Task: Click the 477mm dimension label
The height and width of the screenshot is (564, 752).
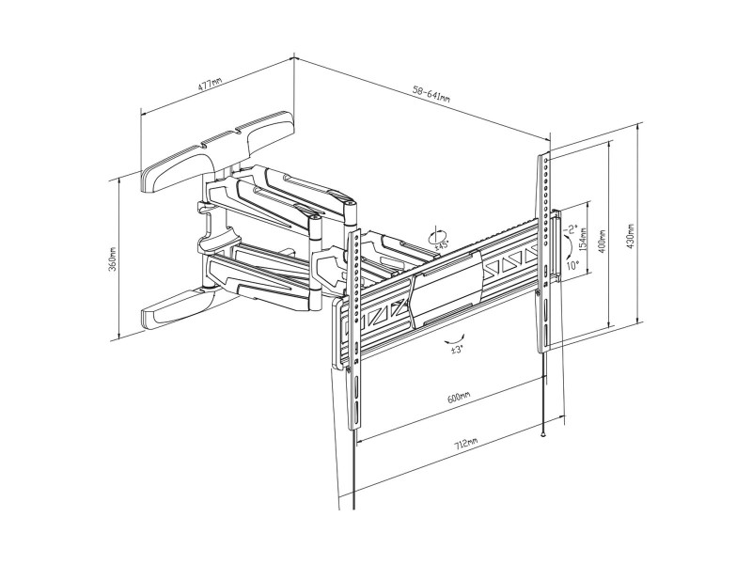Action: click(x=210, y=86)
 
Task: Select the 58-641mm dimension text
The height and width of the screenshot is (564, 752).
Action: click(x=431, y=92)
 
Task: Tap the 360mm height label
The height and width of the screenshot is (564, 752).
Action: click(x=113, y=259)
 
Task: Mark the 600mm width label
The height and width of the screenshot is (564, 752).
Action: click(x=459, y=398)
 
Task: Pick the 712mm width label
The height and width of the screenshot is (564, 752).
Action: click(x=465, y=443)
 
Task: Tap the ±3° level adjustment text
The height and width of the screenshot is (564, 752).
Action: click(x=456, y=350)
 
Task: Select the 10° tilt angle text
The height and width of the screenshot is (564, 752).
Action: click(x=572, y=265)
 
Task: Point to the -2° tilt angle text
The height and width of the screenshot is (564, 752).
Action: click(x=572, y=229)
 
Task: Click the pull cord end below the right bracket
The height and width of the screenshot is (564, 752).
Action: click(x=543, y=434)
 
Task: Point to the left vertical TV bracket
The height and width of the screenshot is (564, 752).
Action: click(x=354, y=331)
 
